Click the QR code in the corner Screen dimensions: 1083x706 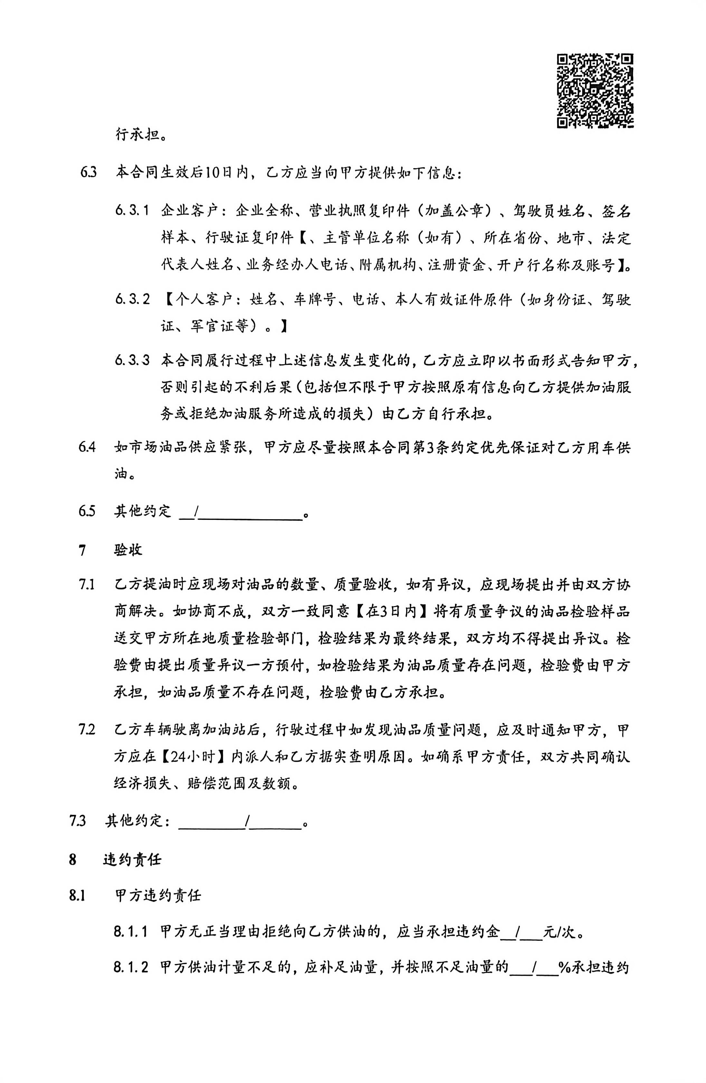pos(595,91)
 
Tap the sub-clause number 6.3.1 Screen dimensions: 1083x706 pos(132,211)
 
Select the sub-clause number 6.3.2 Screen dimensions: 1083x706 pos(132,299)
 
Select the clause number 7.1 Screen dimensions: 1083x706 pos(87,584)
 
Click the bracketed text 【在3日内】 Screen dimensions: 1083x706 pos(391,611)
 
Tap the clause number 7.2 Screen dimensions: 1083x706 pos(87,730)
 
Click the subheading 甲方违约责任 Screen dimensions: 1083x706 pos(157,896)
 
